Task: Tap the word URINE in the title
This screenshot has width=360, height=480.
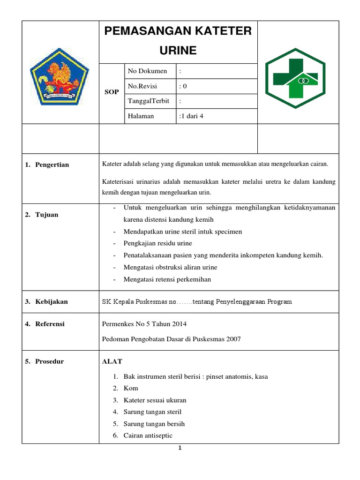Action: pyautogui.click(x=178, y=51)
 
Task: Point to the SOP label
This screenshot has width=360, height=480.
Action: pyautogui.click(x=111, y=92)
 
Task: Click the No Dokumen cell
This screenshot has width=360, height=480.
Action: pyautogui.click(x=147, y=71)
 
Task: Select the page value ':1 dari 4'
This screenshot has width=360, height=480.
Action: pyautogui.click(x=191, y=116)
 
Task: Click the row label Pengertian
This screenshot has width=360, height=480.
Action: pyautogui.click(x=52, y=165)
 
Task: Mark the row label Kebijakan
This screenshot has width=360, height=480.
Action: pyautogui.click(x=52, y=302)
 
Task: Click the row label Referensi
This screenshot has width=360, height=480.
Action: pyautogui.click(x=50, y=324)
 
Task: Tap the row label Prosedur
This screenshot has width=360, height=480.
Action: pyautogui.click(x=50, y=361)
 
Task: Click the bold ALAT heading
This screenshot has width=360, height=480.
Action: pyautogui.click(x=112, y=361)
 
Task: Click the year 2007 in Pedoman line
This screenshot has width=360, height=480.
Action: pyautogui.click(x=232, y=339)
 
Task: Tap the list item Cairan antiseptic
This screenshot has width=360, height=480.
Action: pyautogui.click(x=148, y=435)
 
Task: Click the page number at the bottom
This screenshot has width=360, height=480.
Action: pyautogui.click(x=180, y=448)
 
